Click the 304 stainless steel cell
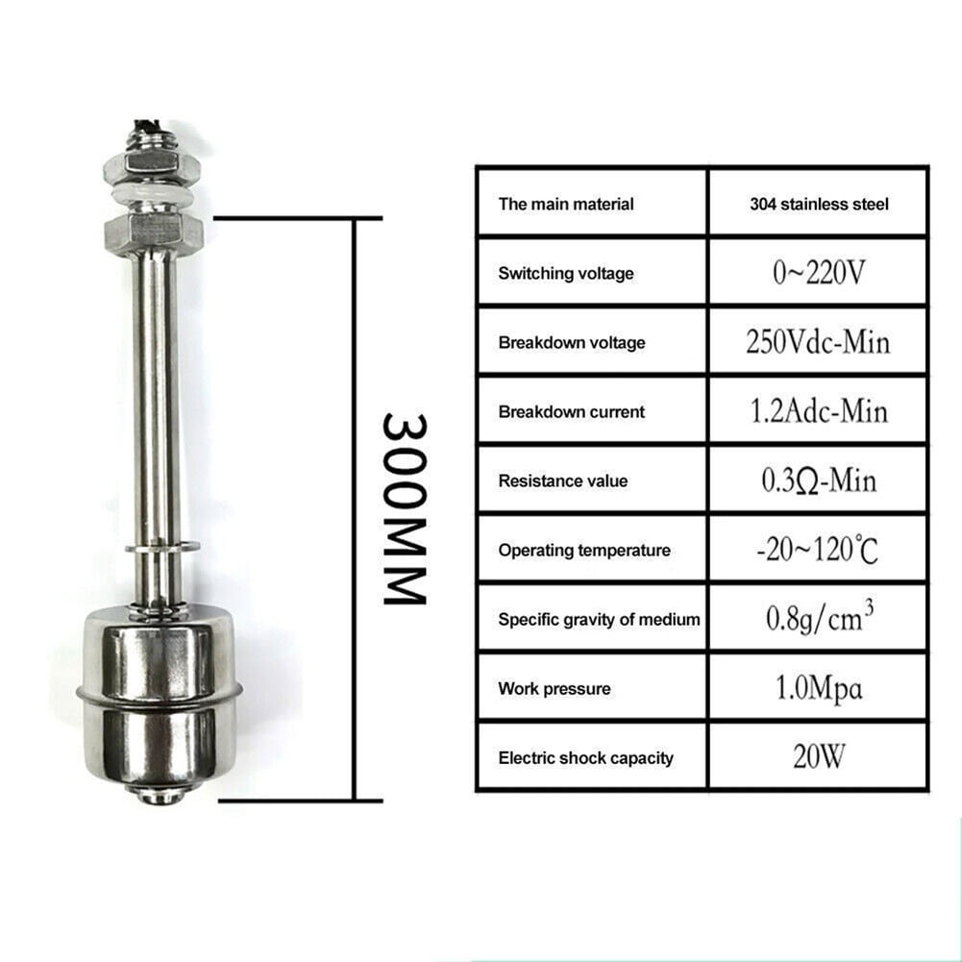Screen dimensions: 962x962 (819, 204)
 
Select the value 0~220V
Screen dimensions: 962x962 (819, 273)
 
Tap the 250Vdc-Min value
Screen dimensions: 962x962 (819, 342)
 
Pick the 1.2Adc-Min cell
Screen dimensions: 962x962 (819, 411)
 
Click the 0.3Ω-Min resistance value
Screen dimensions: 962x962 (819, 481)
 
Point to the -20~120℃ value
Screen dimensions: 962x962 (819, 551)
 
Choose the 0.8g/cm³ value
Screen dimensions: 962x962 (819, 618)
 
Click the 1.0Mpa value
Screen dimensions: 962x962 (819, 689)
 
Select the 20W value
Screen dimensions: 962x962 (819, 757)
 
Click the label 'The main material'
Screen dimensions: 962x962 (566, 204)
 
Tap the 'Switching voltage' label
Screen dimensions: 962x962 (566, 274)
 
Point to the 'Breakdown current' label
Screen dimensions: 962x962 (571, 412)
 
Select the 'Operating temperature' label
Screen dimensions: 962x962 (583, 551)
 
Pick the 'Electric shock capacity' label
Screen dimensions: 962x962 (585, 758)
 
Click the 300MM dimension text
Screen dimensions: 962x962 (405, 508)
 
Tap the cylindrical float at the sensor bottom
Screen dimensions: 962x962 (159, 692)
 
